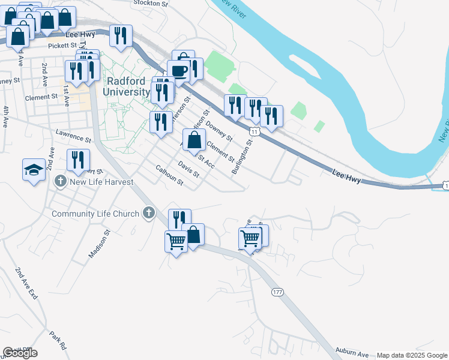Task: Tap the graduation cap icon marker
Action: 34,170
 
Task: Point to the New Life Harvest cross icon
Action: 59,181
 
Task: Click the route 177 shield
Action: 277,292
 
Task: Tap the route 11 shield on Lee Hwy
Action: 255,130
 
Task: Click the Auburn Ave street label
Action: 352,355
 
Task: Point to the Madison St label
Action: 100,244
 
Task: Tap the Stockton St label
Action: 151,4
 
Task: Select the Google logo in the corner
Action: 20,353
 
